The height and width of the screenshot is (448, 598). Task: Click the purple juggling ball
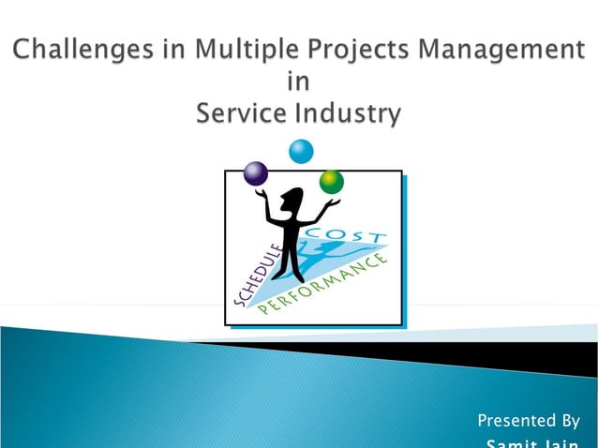coord(255,173)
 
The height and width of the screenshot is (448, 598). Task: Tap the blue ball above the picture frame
coord(301,150)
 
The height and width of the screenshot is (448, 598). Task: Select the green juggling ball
coord(331,181)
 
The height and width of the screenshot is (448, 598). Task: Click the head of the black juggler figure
coord(294,199)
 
